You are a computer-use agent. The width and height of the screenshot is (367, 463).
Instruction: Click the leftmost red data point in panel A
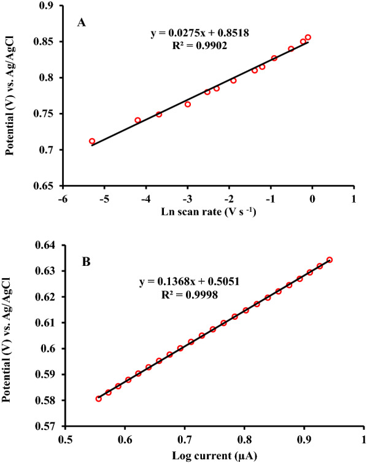(x=92, y=141)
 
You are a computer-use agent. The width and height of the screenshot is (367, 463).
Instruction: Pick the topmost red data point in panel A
(x=308, y=37)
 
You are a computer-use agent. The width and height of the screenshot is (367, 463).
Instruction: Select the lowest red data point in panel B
(x=98, y=399)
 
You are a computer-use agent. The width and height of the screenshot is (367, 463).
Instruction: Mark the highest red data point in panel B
(x=330, y=260)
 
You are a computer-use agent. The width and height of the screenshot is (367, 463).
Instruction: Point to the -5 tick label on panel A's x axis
(x=105, y=199)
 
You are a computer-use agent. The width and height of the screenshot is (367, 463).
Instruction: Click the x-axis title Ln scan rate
(x=209, y=212)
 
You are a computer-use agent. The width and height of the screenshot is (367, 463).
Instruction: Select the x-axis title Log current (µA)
(x=211, y=454)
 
